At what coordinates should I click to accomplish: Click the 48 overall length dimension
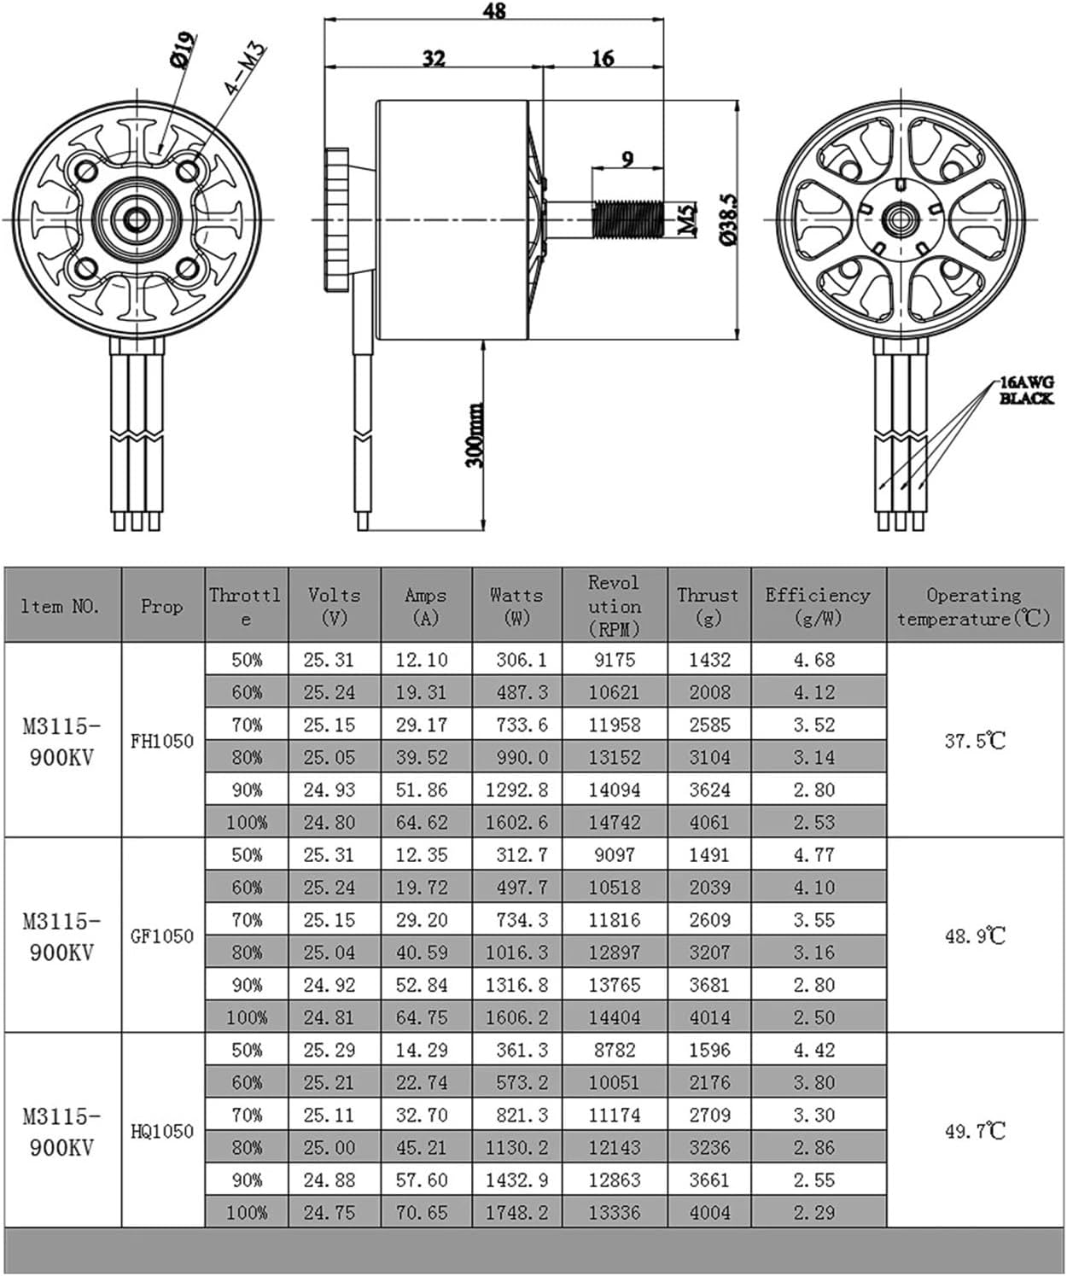(x=494, y=11)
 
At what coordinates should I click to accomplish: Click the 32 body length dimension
(x=434, y=58)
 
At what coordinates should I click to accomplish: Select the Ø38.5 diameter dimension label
(x=728, y=219)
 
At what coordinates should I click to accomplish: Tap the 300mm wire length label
(x=475, y=435)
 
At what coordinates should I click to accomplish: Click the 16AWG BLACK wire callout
(x=1027, y=390)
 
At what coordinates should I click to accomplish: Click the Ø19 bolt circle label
(x=183, y=49)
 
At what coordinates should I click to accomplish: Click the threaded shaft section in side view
(x=627, y=219)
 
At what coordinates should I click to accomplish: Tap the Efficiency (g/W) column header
(x=817, y=606)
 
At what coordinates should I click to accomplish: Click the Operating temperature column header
(x=974, y=606)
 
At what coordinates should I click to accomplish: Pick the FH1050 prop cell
(x=162, y=741)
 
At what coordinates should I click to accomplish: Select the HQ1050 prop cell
(x=162, y=1131)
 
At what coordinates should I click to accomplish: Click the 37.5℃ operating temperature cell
(x=974, y=741)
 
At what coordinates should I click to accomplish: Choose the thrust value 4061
(x=709, y=823)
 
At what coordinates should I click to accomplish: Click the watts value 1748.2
(x=516, y=1213)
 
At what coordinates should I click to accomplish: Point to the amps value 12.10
(x=421, y=660)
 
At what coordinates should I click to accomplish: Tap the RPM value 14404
(x=614, y=1017)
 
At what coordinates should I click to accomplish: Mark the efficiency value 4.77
(x=814, y=855)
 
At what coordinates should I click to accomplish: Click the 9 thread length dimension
(x=627, y=159)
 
